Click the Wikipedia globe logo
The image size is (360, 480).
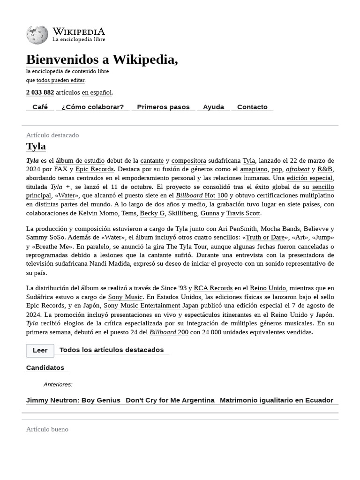(37, 35)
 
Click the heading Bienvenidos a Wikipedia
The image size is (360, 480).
(102, 60)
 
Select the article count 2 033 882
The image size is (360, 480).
(40, 92)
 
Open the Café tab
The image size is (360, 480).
(40, 107)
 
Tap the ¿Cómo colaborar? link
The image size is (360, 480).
(92, 107)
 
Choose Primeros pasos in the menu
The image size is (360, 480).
(163, 107)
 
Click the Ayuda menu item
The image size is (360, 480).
(213, 107)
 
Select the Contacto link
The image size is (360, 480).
(252, 107)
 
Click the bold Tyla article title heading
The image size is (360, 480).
(36, 146)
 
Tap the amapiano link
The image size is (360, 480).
(254, 169)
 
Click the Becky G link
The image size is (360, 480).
(152, 213)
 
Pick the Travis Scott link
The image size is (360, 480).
(243, 213)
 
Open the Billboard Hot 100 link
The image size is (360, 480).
(202, 195)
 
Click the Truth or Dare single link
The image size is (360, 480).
(265, 237)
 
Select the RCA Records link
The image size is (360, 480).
(213, 288)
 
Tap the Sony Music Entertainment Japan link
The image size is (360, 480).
(151, 306)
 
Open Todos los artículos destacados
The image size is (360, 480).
(112, 350)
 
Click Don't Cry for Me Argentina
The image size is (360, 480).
(170, 400)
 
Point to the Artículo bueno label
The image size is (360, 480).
(47, 429)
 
